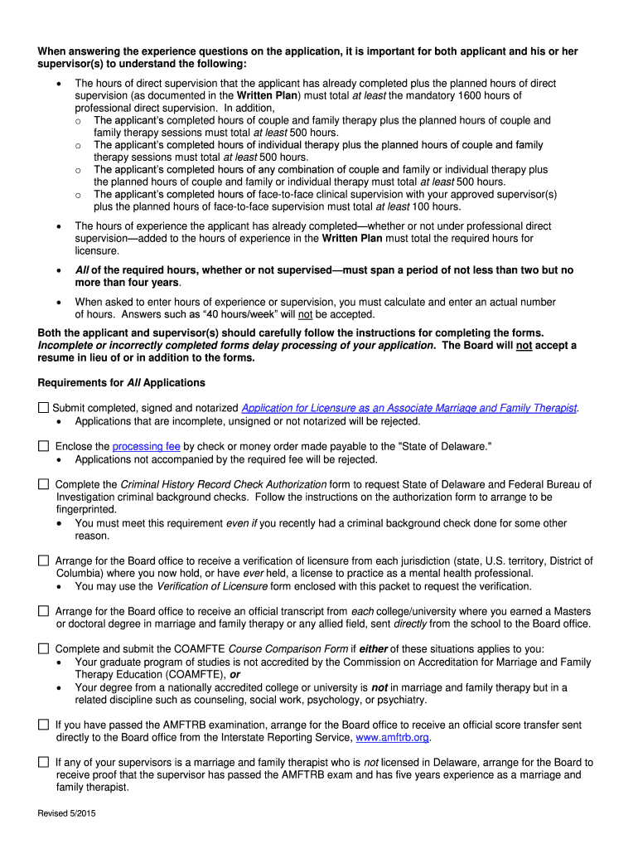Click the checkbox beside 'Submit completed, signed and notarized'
coord(44,408)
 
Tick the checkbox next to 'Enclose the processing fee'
coord(44,446)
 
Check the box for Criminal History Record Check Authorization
coord(44,484)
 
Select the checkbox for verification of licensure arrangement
coord(44,561)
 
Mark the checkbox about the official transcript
coord(44,611)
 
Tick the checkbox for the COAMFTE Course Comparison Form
coord(44,649)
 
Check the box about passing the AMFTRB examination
coord(44,725)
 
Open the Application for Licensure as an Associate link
coord(409,409)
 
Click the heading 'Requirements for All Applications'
coord(121,383)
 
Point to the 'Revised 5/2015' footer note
coord(67,814)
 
